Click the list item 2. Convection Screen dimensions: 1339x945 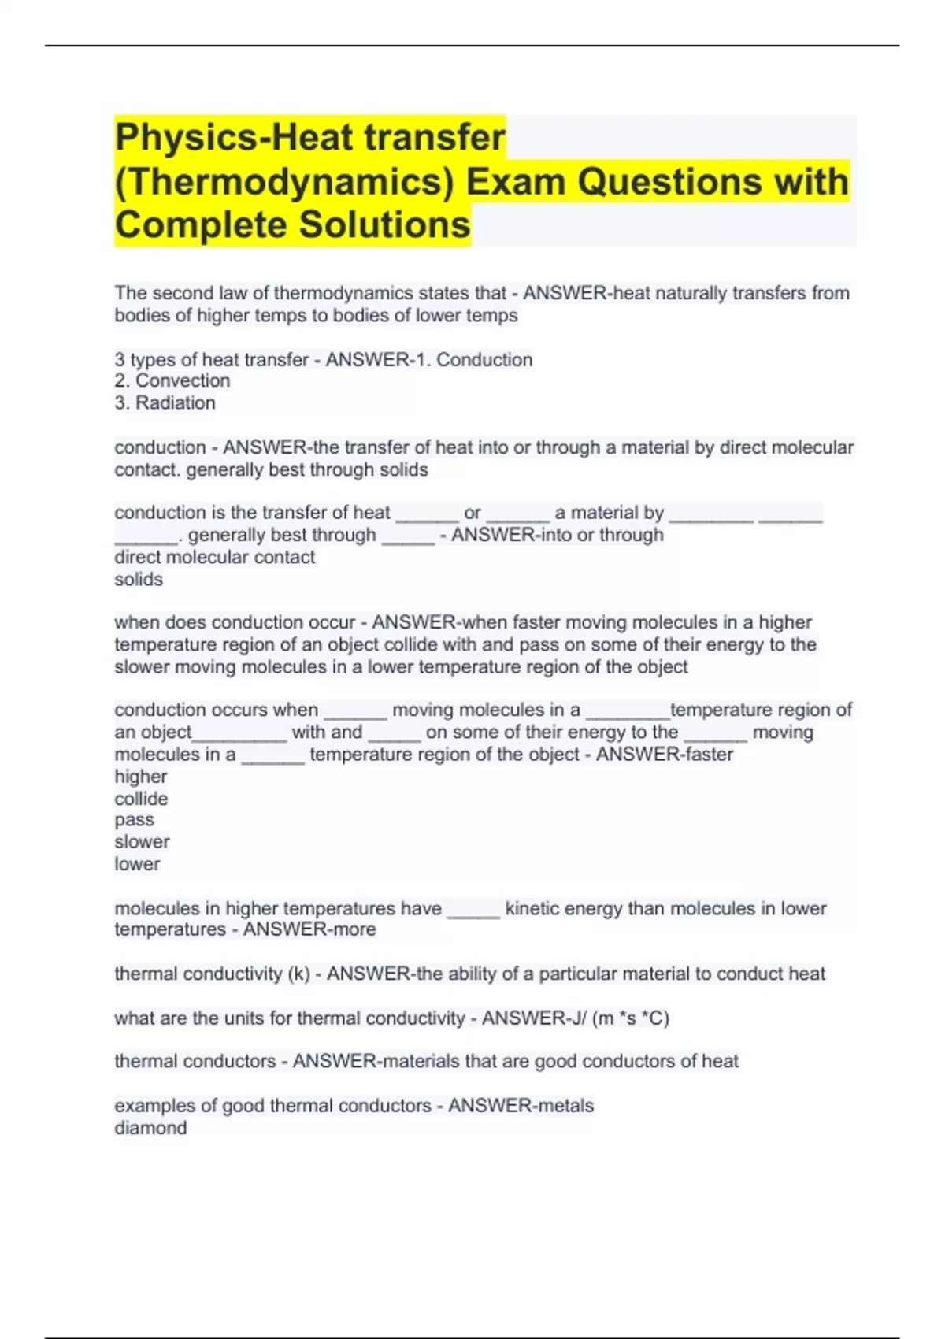point(172,381)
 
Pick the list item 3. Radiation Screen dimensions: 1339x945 point(165,403)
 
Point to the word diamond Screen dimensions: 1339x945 point(150,1128)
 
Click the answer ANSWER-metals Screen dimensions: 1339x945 point(521,1106)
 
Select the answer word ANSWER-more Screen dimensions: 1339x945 point(309,929)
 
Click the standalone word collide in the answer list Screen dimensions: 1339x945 point(141,799)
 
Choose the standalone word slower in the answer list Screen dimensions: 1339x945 point(142,842)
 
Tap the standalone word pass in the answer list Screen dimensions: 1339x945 point(134,820)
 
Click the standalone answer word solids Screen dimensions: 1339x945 point(139,580)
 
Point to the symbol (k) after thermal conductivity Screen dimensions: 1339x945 point(299,974)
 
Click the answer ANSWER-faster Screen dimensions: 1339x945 point(664,755)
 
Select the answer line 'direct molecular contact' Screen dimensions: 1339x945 point(214,558)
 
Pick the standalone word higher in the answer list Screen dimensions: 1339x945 point(140,777)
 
